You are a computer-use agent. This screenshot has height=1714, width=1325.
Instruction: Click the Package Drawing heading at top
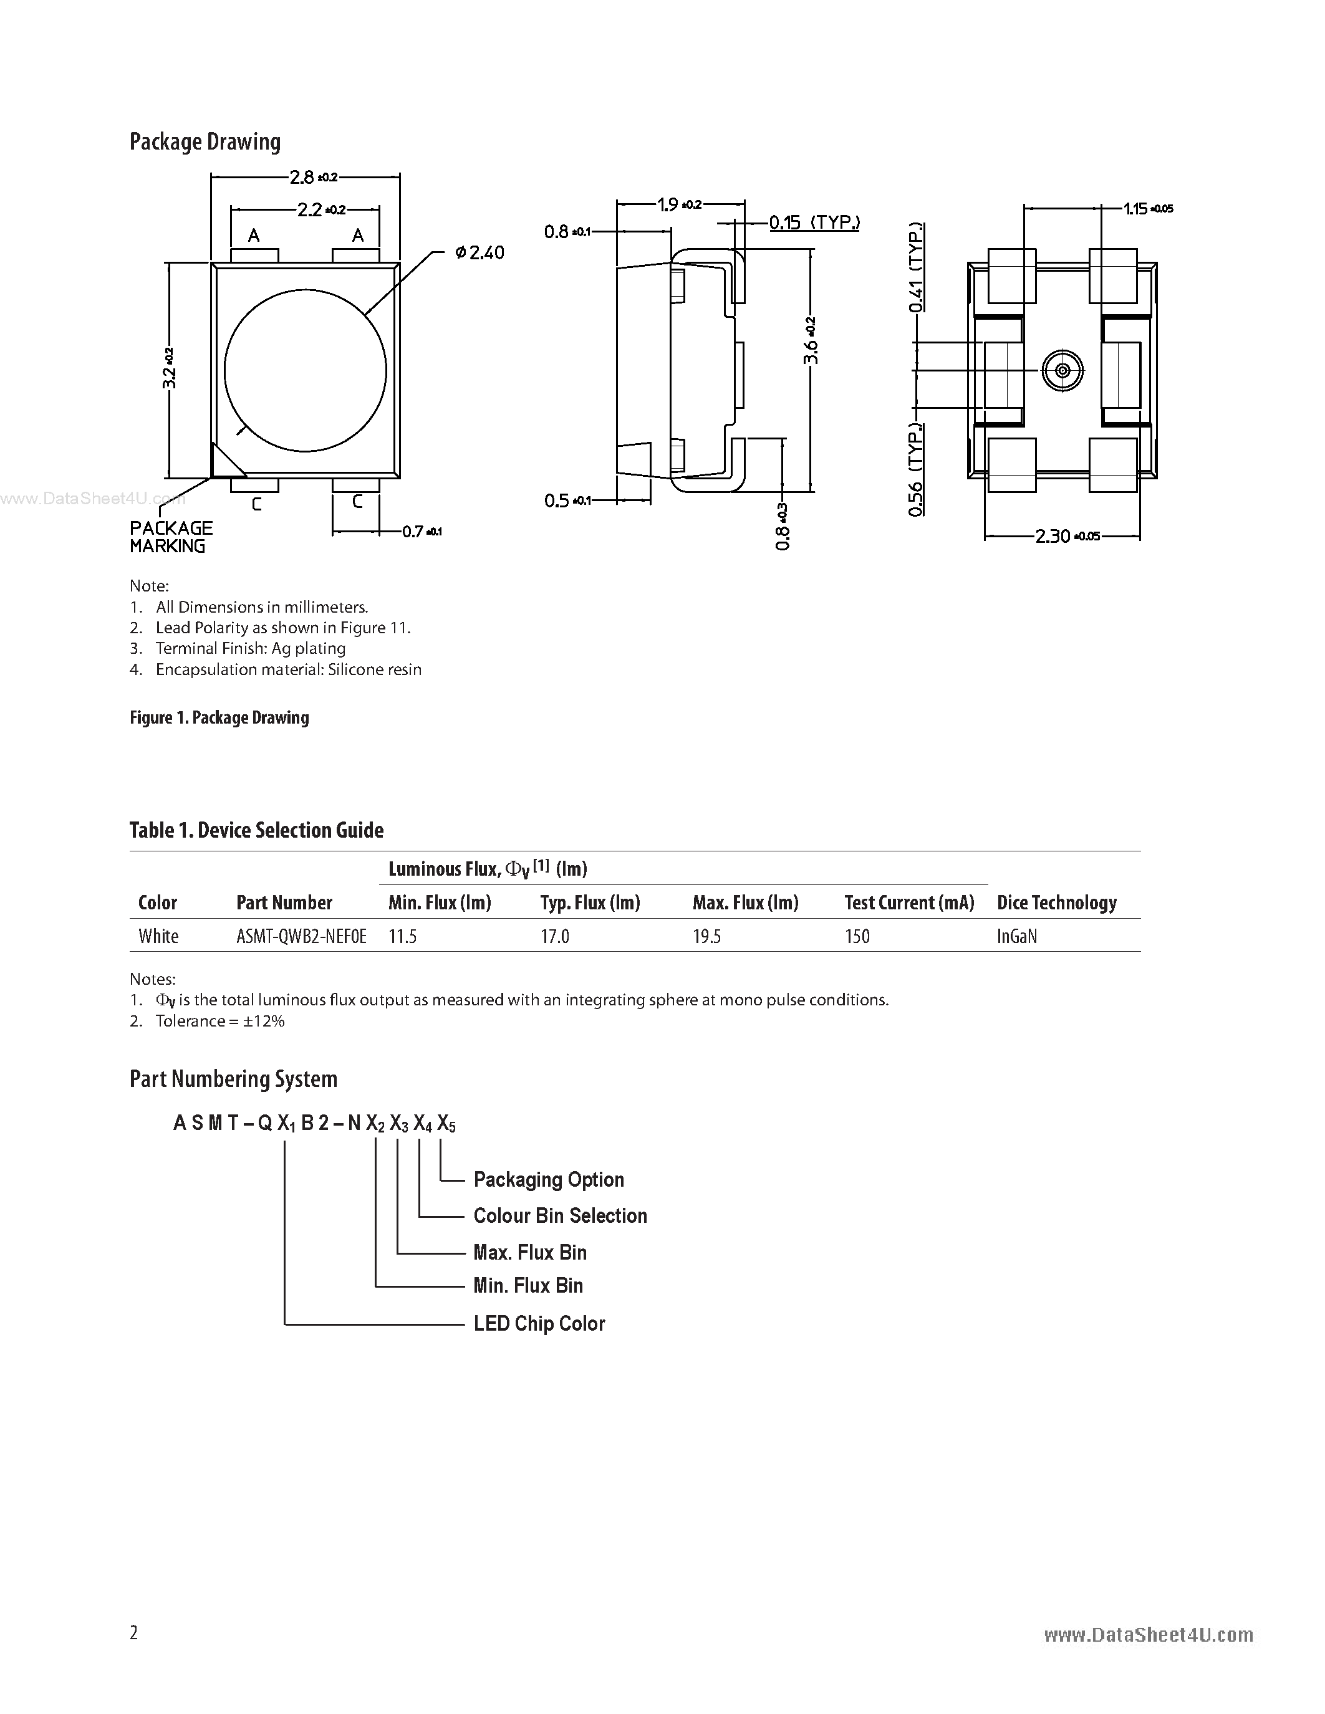click(x=205, y=142)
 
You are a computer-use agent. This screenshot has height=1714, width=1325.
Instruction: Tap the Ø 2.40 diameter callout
click(x=479, y=252)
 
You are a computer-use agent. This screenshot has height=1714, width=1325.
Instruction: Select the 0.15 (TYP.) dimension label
click(x=814, y=223)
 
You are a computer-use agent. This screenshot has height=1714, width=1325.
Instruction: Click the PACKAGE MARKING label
click(x=170, y=537)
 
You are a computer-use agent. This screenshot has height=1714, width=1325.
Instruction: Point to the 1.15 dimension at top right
click(x=1147, y=209)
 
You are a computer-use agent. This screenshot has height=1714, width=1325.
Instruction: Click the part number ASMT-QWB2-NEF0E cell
click(x=301, y=936)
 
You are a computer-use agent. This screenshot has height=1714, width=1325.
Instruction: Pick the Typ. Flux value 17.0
click(x=554, y=936)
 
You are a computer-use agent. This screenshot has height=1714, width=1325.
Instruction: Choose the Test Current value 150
click(x=857, y=936)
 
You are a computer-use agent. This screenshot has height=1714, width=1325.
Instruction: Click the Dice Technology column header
click(x=1056, y=902)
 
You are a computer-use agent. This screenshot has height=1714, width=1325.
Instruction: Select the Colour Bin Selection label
click(x=560, y=1215)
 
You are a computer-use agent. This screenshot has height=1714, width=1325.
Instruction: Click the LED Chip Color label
click(x=539, y=1323)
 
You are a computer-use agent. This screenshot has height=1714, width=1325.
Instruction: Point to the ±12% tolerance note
click(x=219, y=1021)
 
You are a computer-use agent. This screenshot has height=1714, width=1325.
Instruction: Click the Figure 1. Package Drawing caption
click(x=219, y=717)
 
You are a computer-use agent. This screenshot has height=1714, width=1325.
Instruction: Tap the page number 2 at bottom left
click(x=133, y=1632)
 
